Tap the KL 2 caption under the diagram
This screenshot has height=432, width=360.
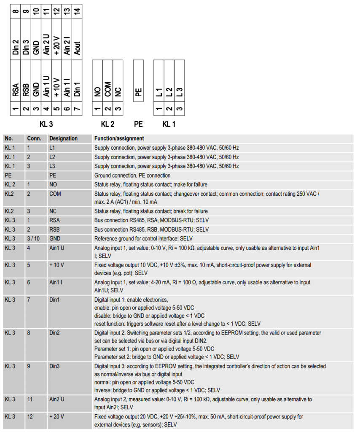[108, 124]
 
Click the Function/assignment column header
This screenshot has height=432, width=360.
[119, 138]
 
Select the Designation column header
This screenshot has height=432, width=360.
[63, 138]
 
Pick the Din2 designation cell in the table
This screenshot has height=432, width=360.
[55, 333]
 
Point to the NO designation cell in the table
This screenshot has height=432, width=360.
[53, 184]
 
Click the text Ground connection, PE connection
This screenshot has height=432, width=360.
[132, 175]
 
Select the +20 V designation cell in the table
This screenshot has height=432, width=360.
[56, 416]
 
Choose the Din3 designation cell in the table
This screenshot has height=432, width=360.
[55, 367]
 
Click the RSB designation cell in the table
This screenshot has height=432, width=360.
[54, 229]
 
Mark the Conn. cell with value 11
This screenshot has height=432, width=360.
[29, 399]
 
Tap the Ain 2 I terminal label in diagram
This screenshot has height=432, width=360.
[67, 46]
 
